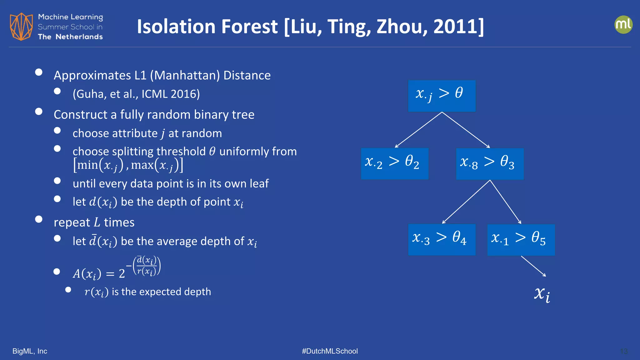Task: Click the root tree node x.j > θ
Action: (442, 96)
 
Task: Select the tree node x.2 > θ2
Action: (394, 163)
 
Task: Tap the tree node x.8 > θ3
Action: (490, 164)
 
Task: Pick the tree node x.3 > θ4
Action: (442, 239)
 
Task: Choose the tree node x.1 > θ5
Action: (521, 240)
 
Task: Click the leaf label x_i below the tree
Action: (542, 294)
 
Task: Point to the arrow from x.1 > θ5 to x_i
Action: (533, 266)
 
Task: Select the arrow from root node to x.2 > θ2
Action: (418, 130)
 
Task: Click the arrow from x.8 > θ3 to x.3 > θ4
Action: (466, 202)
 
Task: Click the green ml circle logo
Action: (623, 25)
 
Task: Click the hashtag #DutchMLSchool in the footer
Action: (330, 351)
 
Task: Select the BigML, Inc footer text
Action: (30, 351)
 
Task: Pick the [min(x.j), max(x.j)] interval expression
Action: (128, 165)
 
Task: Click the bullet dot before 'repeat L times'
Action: (39, 219)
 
